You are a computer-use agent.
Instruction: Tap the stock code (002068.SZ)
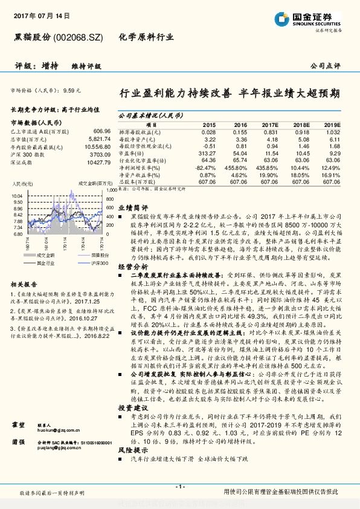click(x=79, y=37)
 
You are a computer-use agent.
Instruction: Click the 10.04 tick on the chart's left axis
click(x=17, y=196)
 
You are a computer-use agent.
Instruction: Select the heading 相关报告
click(x=24, y=284)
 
